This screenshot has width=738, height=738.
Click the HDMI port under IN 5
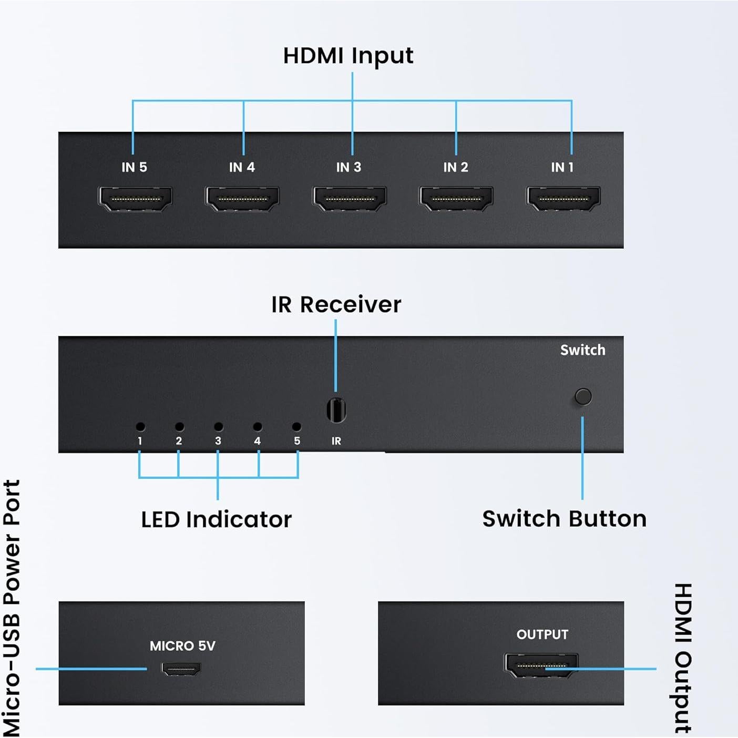click(x=135, y=199)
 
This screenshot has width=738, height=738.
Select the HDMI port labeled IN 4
click(x=242, y=199)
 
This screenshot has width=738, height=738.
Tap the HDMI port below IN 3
click(x=350, y=199)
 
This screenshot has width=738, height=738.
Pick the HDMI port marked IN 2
click(x=456, y=199)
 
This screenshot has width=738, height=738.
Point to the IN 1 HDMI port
click(x=563, y=199)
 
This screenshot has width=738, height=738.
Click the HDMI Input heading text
click(x=348, y=56)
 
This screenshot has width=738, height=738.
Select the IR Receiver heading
click(x=336, y=305)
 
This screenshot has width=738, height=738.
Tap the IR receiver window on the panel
click(x=336, y=410)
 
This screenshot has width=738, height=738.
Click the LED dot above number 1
click(x=140, y=427)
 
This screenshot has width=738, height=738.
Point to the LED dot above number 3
click(x=219, y=427)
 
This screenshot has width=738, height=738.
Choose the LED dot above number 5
click(x=296, y=427)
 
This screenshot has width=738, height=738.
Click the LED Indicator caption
click(x=216, y=520)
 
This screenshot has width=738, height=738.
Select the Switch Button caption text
click(x=564, y=519)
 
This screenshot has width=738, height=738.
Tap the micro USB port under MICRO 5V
click(x=181, y=669)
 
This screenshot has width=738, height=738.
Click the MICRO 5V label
click(x=182, y=646)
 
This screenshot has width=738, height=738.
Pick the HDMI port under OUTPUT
click(x=541, y=665)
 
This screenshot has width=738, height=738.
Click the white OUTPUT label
click(x=542, y=635)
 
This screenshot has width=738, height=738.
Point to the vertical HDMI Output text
click(x=683, y=658)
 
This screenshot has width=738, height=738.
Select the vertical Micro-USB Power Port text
click(x=12, y=608)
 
